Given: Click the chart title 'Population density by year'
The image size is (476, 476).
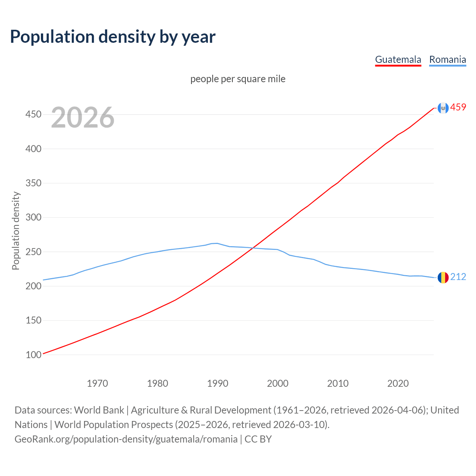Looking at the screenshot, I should [113, 37].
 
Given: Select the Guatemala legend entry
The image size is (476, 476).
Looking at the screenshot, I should [398, 59].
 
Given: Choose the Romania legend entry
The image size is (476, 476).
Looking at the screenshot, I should [447, 59].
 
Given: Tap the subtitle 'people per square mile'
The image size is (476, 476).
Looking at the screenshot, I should [238, 79].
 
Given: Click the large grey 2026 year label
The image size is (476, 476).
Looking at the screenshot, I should [83, 118].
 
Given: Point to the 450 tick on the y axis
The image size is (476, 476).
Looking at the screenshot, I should [33, 114].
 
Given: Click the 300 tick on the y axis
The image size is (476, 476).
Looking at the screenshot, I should [33, 217].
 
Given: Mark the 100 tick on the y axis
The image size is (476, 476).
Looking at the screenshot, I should [33, 355].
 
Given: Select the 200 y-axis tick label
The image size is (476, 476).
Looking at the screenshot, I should [33, 286].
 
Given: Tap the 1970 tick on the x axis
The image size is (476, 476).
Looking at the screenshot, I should [97, 383].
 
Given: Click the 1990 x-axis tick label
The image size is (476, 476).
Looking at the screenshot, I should [218, 383].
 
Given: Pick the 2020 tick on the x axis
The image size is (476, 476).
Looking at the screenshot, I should [398, 383].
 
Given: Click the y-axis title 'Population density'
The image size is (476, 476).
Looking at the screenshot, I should [16, 231].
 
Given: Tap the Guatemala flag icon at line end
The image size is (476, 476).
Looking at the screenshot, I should [443, 108].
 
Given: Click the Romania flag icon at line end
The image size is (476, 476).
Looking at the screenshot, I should [443, 277].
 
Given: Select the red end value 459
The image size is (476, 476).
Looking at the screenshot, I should [458, 107].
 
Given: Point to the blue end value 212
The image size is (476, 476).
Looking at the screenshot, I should [458, 277].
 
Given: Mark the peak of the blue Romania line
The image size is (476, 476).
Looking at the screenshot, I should [217, 243].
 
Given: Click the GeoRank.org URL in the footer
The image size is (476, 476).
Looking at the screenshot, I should [126, 439].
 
